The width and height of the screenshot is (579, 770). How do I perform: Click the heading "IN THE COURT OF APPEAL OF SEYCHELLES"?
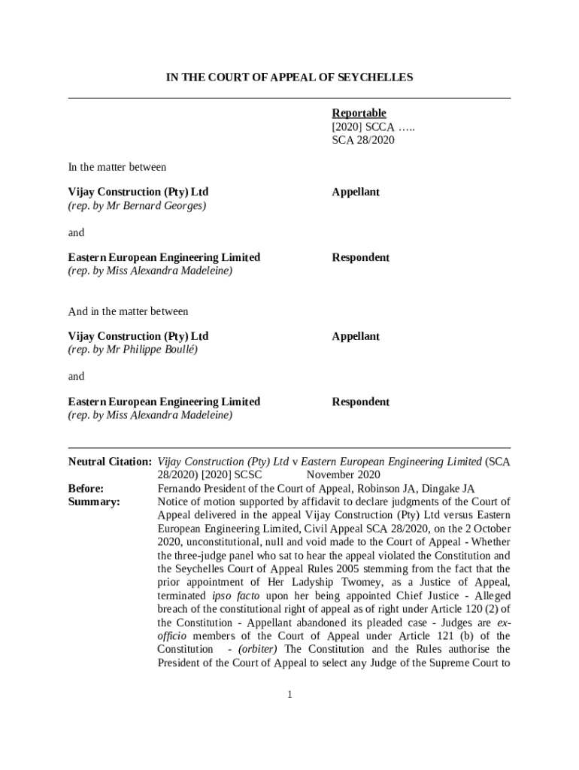(x=289, y=77)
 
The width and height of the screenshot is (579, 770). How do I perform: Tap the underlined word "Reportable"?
(x=359, y=113)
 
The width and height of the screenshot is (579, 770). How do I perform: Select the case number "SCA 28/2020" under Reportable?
(x=363, y=140)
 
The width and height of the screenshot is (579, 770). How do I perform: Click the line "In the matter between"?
(x=117, y=167)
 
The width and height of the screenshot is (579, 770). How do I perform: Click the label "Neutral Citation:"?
(x=110, y=461)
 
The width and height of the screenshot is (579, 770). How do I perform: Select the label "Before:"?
(x=86, y=488)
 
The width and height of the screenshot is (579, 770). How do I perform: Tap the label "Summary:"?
(x=94, y=502)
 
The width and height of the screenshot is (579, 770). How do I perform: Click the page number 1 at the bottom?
(x=289, y=694)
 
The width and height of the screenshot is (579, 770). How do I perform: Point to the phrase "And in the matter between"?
(x=129, y=311)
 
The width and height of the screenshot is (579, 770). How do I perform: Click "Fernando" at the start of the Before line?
(x=180, y=488)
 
